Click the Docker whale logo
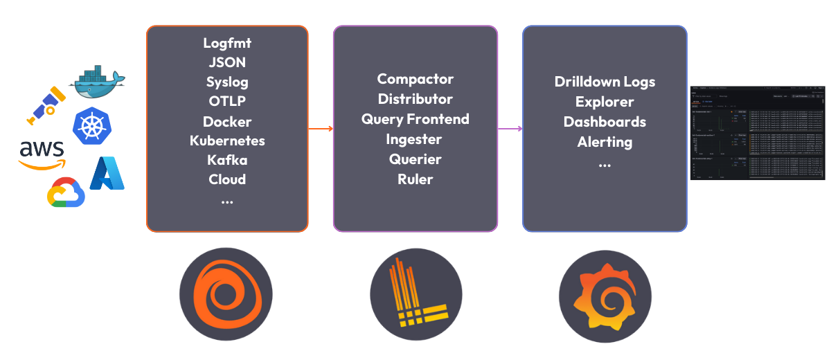click(97, 82)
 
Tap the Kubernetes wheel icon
click(91, 125)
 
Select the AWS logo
click(42, 154)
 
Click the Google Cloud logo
click(66, 192)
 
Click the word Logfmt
click(227, 43)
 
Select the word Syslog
click(227, 82)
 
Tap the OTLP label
click(227, 101)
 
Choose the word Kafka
click(227, 160)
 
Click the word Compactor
click(415, 79)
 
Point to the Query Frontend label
click(415, 119)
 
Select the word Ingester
click(415, 139)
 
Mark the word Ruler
click(415, 179)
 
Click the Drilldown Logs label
click(605, 82)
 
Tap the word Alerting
click(605, 142)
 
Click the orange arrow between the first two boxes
click(321, 129)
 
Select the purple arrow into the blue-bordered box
click(510, 129)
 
